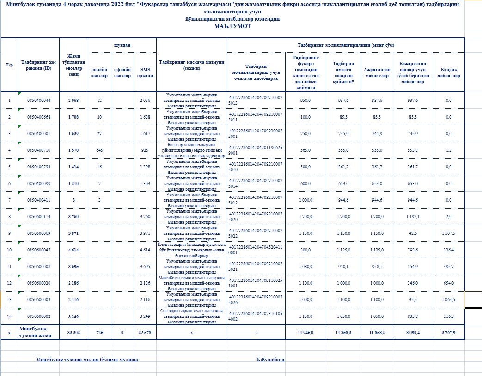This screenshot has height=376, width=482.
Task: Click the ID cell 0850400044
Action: (x=39, y=100)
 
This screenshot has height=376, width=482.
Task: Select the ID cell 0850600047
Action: (x=39, y=250)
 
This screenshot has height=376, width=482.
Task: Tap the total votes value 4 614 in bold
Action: (x=73, y=250)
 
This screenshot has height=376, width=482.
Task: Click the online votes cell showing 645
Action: (x=99, y=150)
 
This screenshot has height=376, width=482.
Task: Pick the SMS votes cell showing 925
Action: (x=145, y=150)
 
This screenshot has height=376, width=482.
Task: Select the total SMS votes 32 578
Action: (x=145, y=332)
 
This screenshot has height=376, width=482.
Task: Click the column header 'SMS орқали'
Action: (x=145, y=72)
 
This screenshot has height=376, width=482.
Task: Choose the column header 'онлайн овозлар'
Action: (x=99, y=72)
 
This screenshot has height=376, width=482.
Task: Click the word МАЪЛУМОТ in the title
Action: (x=232, y=26)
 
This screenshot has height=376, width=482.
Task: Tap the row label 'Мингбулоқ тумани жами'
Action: (x=37, y=332)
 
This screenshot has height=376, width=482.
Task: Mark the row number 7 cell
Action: (x=9, y=200)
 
